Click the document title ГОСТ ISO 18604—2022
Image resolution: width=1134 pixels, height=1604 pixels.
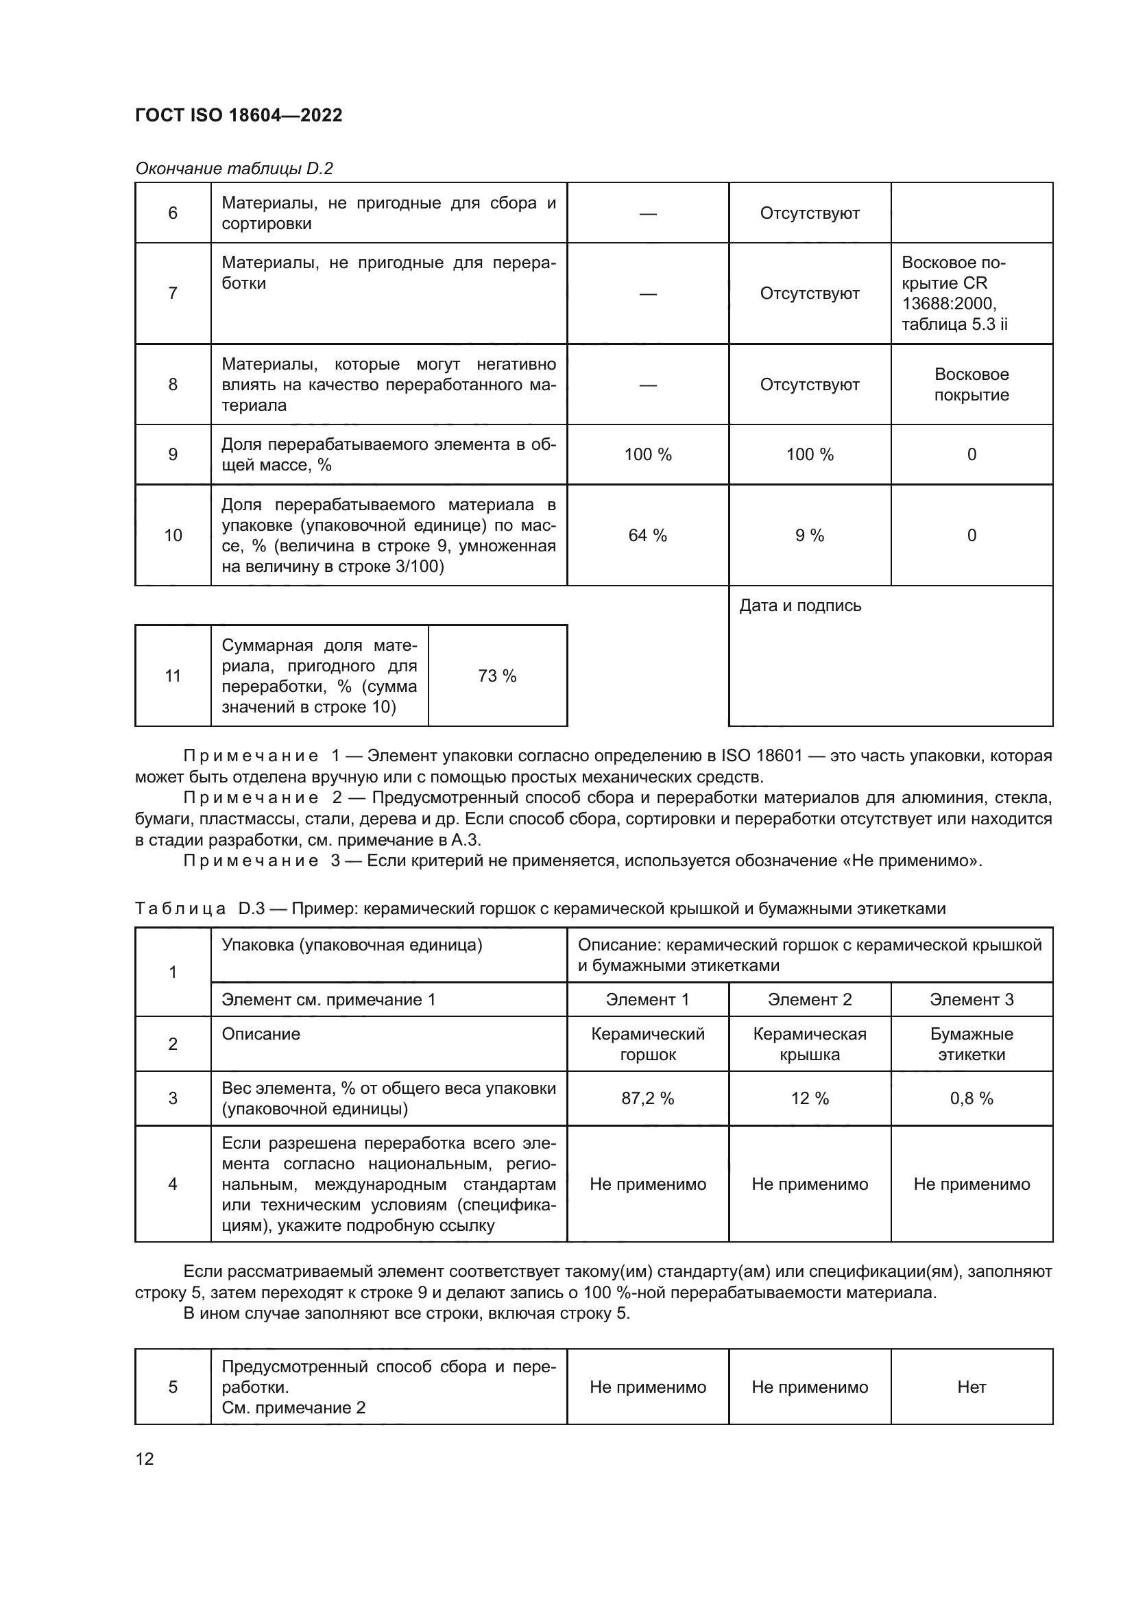pos(239,115)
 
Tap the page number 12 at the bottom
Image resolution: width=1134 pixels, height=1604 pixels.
pos(145,1459)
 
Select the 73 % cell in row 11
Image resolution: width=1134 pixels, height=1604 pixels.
pos(497,675)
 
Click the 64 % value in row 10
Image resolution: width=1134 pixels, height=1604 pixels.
pos(647,535)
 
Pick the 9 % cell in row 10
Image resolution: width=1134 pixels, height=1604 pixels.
pos(809,535)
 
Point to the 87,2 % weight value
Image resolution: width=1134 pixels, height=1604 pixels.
pos(647,1098)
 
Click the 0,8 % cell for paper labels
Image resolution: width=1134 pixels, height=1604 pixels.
pos(972,1098)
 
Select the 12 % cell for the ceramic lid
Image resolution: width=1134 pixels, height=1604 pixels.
pos(809,1098)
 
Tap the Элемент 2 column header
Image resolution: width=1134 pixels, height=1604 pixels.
pos(809,1000)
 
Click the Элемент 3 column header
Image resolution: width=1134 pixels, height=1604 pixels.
pos(972,1000)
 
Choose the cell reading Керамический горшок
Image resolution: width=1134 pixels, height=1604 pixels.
pos(647,1044)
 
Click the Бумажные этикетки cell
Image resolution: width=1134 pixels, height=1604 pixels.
pos(972,1044)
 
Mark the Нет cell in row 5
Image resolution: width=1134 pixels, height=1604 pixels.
pos(972,1387)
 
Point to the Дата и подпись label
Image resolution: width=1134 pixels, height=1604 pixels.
pos(800,606)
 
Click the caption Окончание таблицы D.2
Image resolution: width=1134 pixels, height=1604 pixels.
pos(234,169)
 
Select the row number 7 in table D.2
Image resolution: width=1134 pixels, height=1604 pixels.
pos(173,294)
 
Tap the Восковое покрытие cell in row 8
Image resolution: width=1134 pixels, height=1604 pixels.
pos(972,384)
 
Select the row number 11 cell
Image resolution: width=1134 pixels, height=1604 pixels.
pos(173,675)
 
